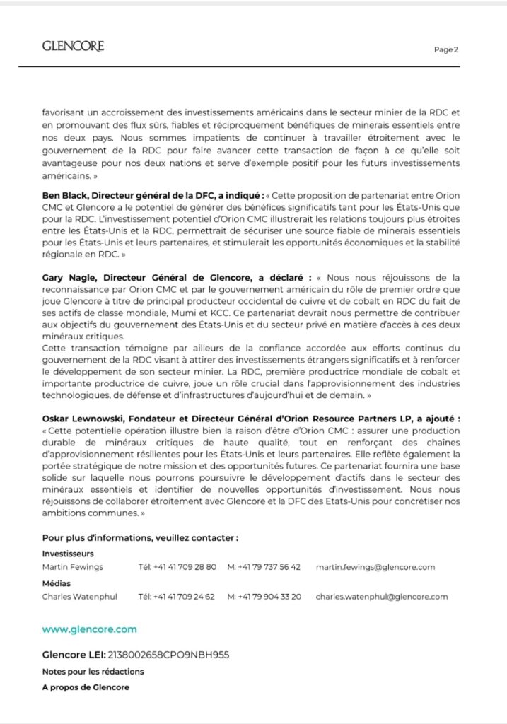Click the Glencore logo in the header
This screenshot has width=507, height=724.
(x=73, y=47)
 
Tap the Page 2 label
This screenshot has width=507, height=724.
(x=446, y=49)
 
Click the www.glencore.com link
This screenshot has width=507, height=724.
(x=89, y=629)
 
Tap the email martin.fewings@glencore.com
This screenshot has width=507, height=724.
(x=375, y=567)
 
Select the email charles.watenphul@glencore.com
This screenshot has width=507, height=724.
(x=382, y=597)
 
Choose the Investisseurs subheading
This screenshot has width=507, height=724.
(x=68, y=554)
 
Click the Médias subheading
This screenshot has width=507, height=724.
(x=57, y=583)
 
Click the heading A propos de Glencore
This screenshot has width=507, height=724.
(x=86, y=687)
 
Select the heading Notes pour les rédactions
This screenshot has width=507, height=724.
(x=93, y=671)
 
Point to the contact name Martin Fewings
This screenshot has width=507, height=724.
(x=72, y=567)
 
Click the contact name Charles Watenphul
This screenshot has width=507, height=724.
(x=79, y=597)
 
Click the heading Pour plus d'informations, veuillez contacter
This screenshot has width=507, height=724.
(x=140, y=537)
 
